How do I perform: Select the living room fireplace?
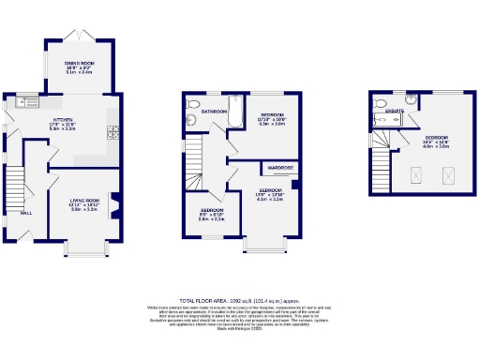(116, 201)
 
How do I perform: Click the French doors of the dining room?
(80, 37)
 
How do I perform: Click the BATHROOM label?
(214, 112)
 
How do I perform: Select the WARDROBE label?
(280, 169)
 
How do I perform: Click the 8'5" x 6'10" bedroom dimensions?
(211, 217)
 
